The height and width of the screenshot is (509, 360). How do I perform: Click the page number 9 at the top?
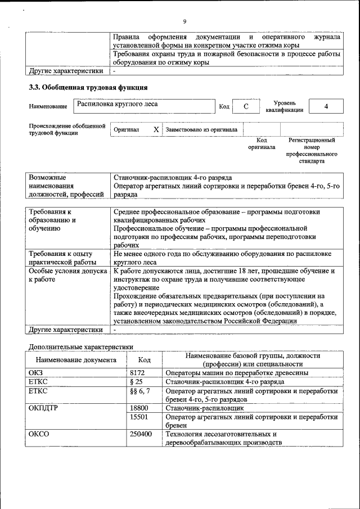(x=184, y=22)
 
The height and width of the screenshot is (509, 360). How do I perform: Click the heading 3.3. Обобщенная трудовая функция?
(x=88, y=88)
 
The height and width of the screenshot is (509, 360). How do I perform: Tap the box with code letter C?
(x=245, y=107)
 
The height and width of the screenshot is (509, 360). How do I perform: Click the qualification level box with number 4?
(x=326, y=107)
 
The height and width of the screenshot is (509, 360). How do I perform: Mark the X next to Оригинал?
(x=156, y=129)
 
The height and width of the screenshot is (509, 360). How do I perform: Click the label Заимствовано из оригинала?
(x=201, y=129)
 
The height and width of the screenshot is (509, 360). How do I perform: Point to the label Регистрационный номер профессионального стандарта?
(x=312, y=150)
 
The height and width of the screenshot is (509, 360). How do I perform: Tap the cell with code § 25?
(x=136, y=382)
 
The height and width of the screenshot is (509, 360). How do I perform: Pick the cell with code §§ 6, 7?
(x=139, y=391)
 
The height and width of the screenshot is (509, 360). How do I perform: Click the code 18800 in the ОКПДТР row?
(x=139, y=408)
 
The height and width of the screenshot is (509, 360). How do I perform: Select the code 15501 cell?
(x=139, y=417)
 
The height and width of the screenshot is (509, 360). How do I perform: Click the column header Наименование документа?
(x=76, y=360)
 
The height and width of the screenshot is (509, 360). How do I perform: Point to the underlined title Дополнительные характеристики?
(x=81, y=347)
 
